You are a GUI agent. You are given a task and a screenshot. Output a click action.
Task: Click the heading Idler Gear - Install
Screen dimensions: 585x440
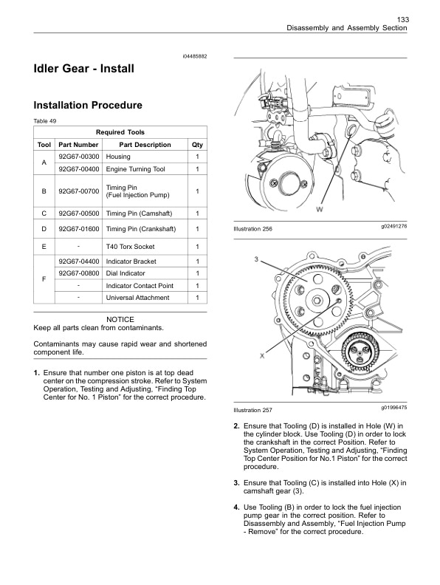click(x=84, y=69)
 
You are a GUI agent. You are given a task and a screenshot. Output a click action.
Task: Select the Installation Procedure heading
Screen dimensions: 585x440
click(x=88, y=106)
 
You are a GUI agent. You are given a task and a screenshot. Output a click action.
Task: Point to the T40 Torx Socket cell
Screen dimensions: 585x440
click(x=134, y=246)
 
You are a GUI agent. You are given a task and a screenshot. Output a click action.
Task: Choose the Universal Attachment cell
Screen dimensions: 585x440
click(x=138, y=298)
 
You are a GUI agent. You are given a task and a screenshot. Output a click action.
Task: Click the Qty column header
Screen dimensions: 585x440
click(x=197, y=145)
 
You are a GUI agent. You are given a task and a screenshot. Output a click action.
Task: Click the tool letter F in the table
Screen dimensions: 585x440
click(x=44, y=280)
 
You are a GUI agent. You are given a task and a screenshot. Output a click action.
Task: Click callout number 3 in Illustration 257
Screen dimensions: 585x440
click(x=255, y=259)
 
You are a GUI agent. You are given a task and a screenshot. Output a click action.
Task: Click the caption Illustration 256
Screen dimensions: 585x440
click(x=252, y=230)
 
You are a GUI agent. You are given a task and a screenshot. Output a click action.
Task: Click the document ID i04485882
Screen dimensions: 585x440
click(x=194, y=57)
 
